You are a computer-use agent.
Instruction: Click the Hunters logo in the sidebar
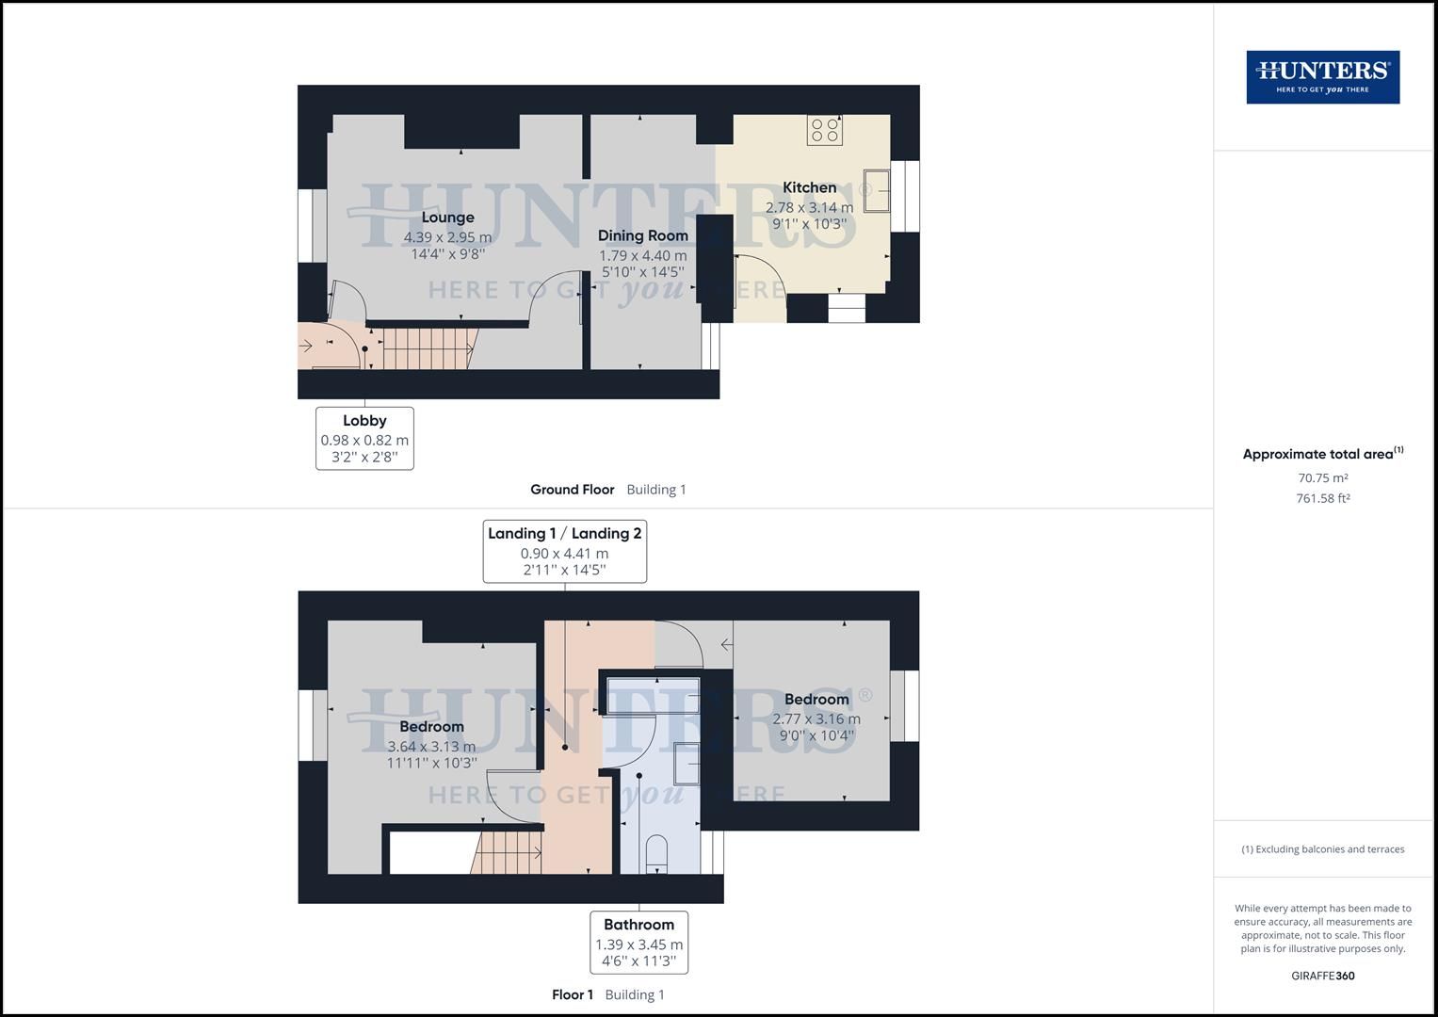pos(1322,77)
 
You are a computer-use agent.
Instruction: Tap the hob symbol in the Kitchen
pos(824,130)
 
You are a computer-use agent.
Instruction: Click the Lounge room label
pos(447,218)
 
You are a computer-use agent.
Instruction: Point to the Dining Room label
pos(643,235)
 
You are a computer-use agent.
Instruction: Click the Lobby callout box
pos(364,438)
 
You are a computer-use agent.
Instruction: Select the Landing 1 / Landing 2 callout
pos(564,551)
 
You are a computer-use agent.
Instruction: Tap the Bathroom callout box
pos(638,942)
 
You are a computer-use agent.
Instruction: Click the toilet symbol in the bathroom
pos(656,852)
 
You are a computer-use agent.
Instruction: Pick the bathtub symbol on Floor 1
pos(653,695)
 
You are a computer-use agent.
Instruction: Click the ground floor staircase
pos(427,347)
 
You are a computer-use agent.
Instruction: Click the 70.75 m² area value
pos(1322,477)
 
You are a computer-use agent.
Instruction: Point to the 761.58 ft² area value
pos(1322,498)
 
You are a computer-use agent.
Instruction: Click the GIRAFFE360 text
pos(1322,976)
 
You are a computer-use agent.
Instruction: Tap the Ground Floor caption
pos(572,490)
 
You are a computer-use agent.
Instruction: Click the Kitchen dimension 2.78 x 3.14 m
pos(809,207)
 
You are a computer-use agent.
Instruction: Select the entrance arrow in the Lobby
pos(308,346)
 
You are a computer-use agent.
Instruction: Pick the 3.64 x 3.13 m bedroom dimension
pos(431,747)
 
